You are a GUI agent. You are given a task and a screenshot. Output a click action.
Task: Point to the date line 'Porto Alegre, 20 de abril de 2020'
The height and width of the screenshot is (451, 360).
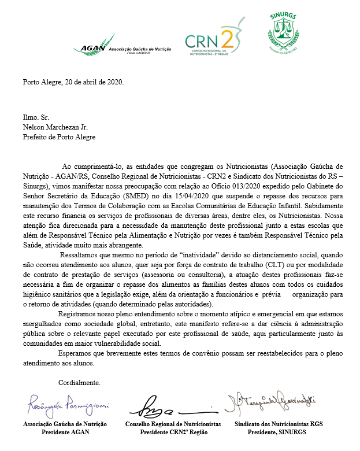click(73, 82)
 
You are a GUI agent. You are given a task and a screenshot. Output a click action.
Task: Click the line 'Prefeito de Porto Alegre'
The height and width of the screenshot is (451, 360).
click(58, 138)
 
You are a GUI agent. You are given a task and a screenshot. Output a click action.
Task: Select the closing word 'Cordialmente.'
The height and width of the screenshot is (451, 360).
click(80, 383)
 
